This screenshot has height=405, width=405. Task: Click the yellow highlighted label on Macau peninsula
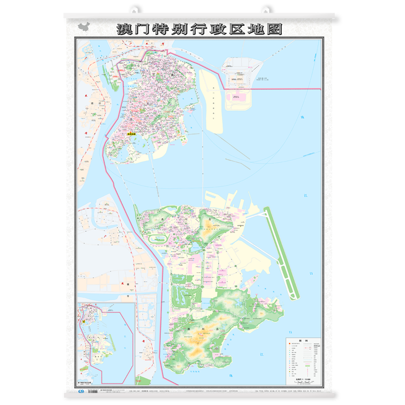coord(131,135)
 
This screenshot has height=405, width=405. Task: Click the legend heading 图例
coord(303,341)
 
